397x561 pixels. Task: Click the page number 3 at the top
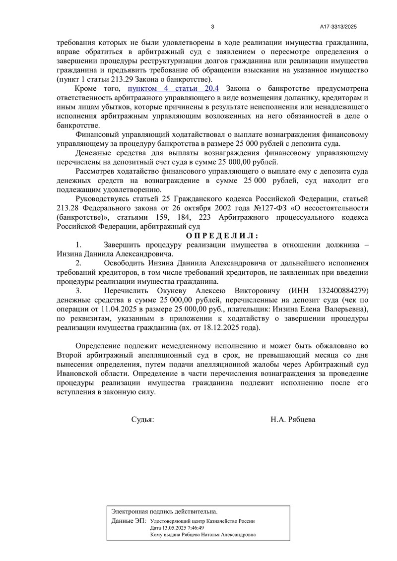212,27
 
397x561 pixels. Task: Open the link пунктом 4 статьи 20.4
173,89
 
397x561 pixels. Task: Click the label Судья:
142,419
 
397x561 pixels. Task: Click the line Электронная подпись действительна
164,511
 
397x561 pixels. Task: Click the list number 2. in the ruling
79,262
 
